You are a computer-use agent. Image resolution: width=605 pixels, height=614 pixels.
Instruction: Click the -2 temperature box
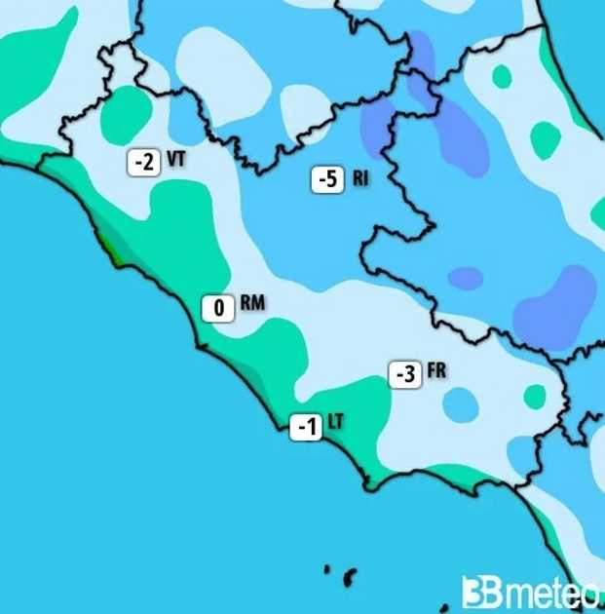[142, 162]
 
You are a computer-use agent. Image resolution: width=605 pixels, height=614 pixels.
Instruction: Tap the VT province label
[176, 159]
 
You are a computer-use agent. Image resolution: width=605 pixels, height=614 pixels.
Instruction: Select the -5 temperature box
[328, 179]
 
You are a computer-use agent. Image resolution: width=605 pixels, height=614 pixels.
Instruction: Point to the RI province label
[360, 178]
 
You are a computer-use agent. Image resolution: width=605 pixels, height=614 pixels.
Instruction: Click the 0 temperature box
[218, 309]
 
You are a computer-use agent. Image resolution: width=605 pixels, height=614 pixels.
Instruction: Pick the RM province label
[251, 305]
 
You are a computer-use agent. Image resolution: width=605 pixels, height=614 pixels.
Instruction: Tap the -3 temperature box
[405, 374]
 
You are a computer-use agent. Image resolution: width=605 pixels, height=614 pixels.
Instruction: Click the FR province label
[436, 371]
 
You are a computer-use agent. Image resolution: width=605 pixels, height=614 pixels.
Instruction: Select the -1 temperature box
[307, 426]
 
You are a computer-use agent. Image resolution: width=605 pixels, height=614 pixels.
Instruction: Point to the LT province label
[335, 422]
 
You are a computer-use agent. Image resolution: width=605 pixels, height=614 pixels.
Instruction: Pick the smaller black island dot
[327, 568]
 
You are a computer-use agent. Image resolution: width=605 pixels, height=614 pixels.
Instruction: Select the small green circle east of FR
[535, 396]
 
